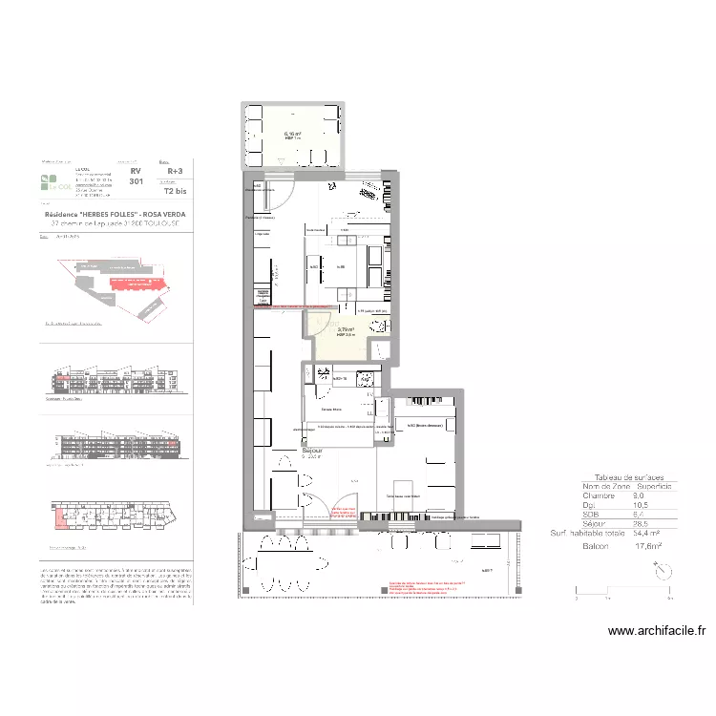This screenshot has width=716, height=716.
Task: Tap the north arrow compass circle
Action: [662, 570]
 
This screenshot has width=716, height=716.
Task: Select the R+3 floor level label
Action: [175, 173]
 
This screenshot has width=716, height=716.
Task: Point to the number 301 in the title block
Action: [137, 181]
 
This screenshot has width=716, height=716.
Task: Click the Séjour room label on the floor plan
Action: [311, 448]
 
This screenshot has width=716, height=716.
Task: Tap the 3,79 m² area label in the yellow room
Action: [346, 329]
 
